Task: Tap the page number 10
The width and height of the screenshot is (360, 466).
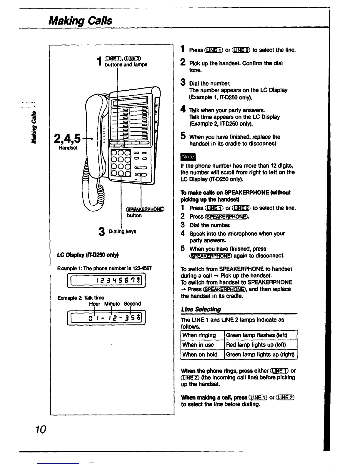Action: tap(41, 430)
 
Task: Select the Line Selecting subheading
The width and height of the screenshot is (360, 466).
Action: tap(201, 309)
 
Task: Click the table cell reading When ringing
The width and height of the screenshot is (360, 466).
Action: tap(199, 335)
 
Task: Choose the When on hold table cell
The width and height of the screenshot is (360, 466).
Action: tap(200, 355)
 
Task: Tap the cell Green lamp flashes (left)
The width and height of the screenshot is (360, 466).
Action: tap(256, 335)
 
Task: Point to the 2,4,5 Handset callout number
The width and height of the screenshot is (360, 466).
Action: tap(70, 138)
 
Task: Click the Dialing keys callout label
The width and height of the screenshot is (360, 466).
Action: tap(122, 232)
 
